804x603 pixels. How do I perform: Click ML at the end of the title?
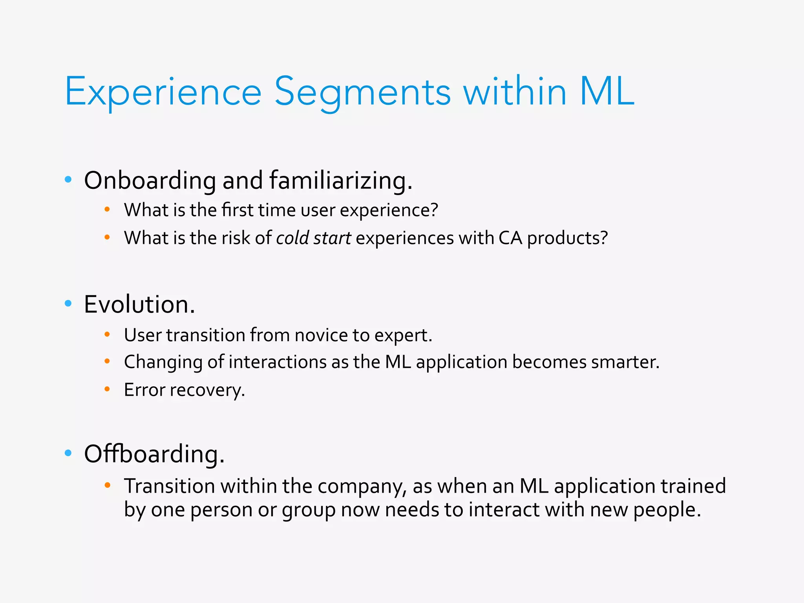click(x=607, y=91)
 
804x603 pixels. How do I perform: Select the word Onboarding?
click(x=150, y=181)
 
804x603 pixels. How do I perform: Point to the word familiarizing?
click(x=340, y=181)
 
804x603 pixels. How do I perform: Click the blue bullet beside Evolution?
click(x=68, y=303)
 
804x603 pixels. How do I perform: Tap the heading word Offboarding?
click(x=154, y=454)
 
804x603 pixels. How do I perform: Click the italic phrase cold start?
click(x=313, y=238)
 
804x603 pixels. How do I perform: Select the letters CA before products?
click(x=510, y=238)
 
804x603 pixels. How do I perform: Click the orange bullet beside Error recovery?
click(x=107, y=389)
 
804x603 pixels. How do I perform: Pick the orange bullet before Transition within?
click(x=107, y=486)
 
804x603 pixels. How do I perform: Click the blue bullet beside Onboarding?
click(x=68, y=180)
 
